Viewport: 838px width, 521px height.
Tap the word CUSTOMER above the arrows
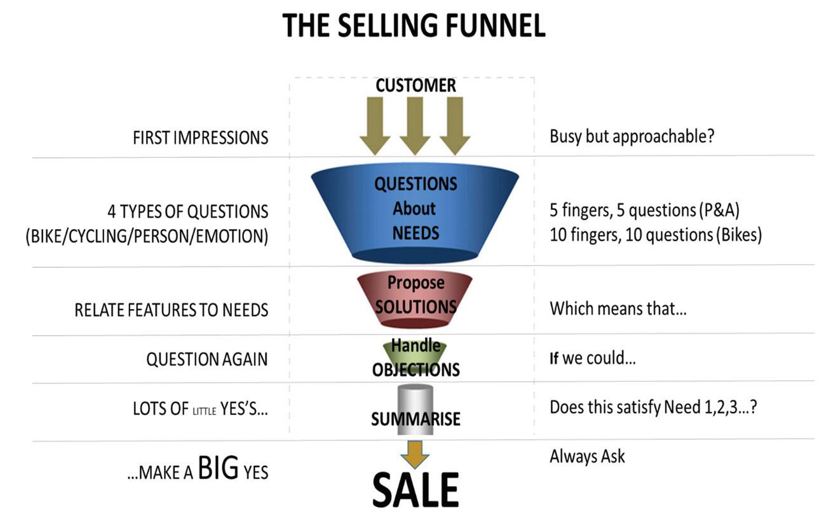[416, 86]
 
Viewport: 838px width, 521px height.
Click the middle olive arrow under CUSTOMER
[415, 125]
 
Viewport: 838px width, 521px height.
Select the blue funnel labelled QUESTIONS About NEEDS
[415, 209]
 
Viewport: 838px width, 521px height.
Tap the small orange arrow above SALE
[415, 454]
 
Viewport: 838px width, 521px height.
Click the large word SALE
[415, 490]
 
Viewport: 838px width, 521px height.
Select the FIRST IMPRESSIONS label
[200, 138]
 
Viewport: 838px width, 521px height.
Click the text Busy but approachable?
[632, 136]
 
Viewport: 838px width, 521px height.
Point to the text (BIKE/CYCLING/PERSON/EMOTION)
[147, 237]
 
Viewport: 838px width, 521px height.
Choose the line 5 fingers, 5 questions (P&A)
[644, 210]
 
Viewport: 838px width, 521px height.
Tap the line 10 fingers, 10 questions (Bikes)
[655, 235]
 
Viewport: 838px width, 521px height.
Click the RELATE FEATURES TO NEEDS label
[171, 310]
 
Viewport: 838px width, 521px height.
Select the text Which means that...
[618, 309]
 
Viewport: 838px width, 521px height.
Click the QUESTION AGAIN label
[206, 359]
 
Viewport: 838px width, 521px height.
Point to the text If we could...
[592, 358]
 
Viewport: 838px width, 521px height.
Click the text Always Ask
[587, 456]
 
